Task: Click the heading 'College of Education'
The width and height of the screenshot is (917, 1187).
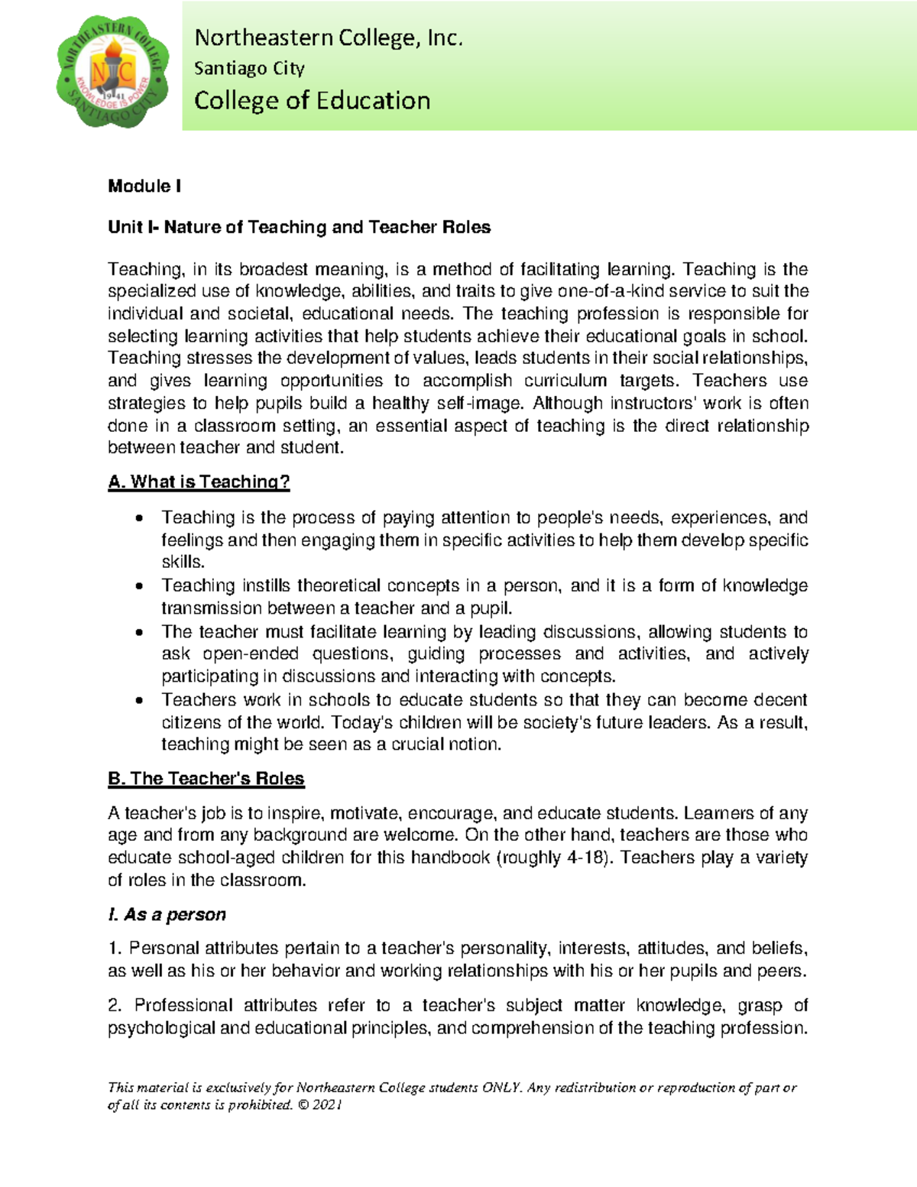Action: coord(312,100)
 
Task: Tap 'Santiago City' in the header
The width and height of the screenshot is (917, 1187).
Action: coord(249,68)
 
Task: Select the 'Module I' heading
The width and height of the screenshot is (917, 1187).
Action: coord(144,186)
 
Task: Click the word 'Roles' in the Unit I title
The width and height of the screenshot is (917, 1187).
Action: coord(465,227)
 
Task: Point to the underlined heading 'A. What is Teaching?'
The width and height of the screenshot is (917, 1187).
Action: coord(199,482)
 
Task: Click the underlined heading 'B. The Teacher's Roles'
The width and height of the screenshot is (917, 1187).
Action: coord(206,778)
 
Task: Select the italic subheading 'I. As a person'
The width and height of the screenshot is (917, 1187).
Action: coord(167,914)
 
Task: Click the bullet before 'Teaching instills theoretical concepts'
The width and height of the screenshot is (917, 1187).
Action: coord(138,587)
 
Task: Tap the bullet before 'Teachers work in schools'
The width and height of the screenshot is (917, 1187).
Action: coord(138,701)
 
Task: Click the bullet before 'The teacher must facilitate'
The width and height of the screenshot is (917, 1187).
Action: coord(138,633)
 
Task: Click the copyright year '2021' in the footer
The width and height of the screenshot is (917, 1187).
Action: coord(327,1104)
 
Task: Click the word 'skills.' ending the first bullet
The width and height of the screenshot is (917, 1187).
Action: coord(183,562)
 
